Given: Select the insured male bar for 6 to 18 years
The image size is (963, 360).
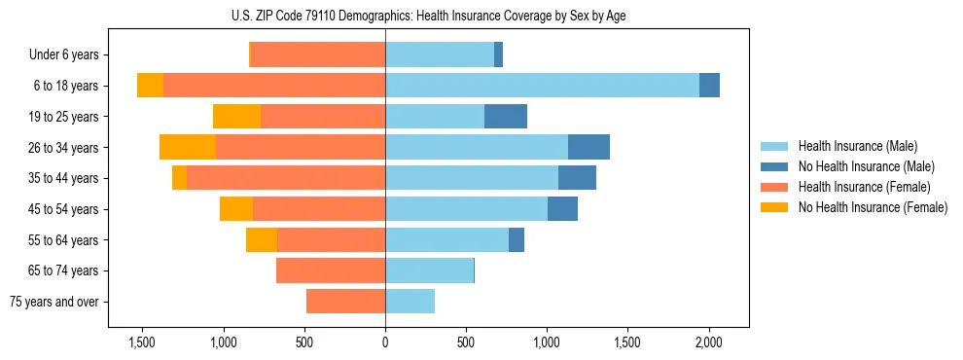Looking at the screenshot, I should pyautogui.click(x=542, y=86).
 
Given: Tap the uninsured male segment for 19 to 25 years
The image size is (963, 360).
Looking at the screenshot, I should pyautogui.click(x=506, y=117).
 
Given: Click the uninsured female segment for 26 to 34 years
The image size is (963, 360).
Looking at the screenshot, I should pyautogui.click(x=188, y=147).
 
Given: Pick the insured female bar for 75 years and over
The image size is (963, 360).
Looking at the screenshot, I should pyautogui.click(x=345, y=302).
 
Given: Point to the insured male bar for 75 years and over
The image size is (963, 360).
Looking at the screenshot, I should pyautogui.click(x=410, y=302).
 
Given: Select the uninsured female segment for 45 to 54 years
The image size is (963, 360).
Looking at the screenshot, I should pyautogui.click(x=236, y=209).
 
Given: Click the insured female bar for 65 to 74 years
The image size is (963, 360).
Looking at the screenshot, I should pyautogui.click(x=331, y=270).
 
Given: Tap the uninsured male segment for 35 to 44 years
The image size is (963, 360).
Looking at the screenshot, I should pyautogui.click(x=577, y=178).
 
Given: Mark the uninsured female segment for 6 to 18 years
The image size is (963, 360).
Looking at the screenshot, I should pyautogui.click(x=150, y=86).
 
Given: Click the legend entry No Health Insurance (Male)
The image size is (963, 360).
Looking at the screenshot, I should pyautogui.click(x=866, y=166).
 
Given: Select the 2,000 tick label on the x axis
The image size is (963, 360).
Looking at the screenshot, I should pyautogui.click(x=708, y=342).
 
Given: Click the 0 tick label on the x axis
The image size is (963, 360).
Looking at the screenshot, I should pyautogui.click(x=385, y=342).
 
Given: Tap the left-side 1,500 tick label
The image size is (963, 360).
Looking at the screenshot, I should pyautogui.click(x=142, y=342).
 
